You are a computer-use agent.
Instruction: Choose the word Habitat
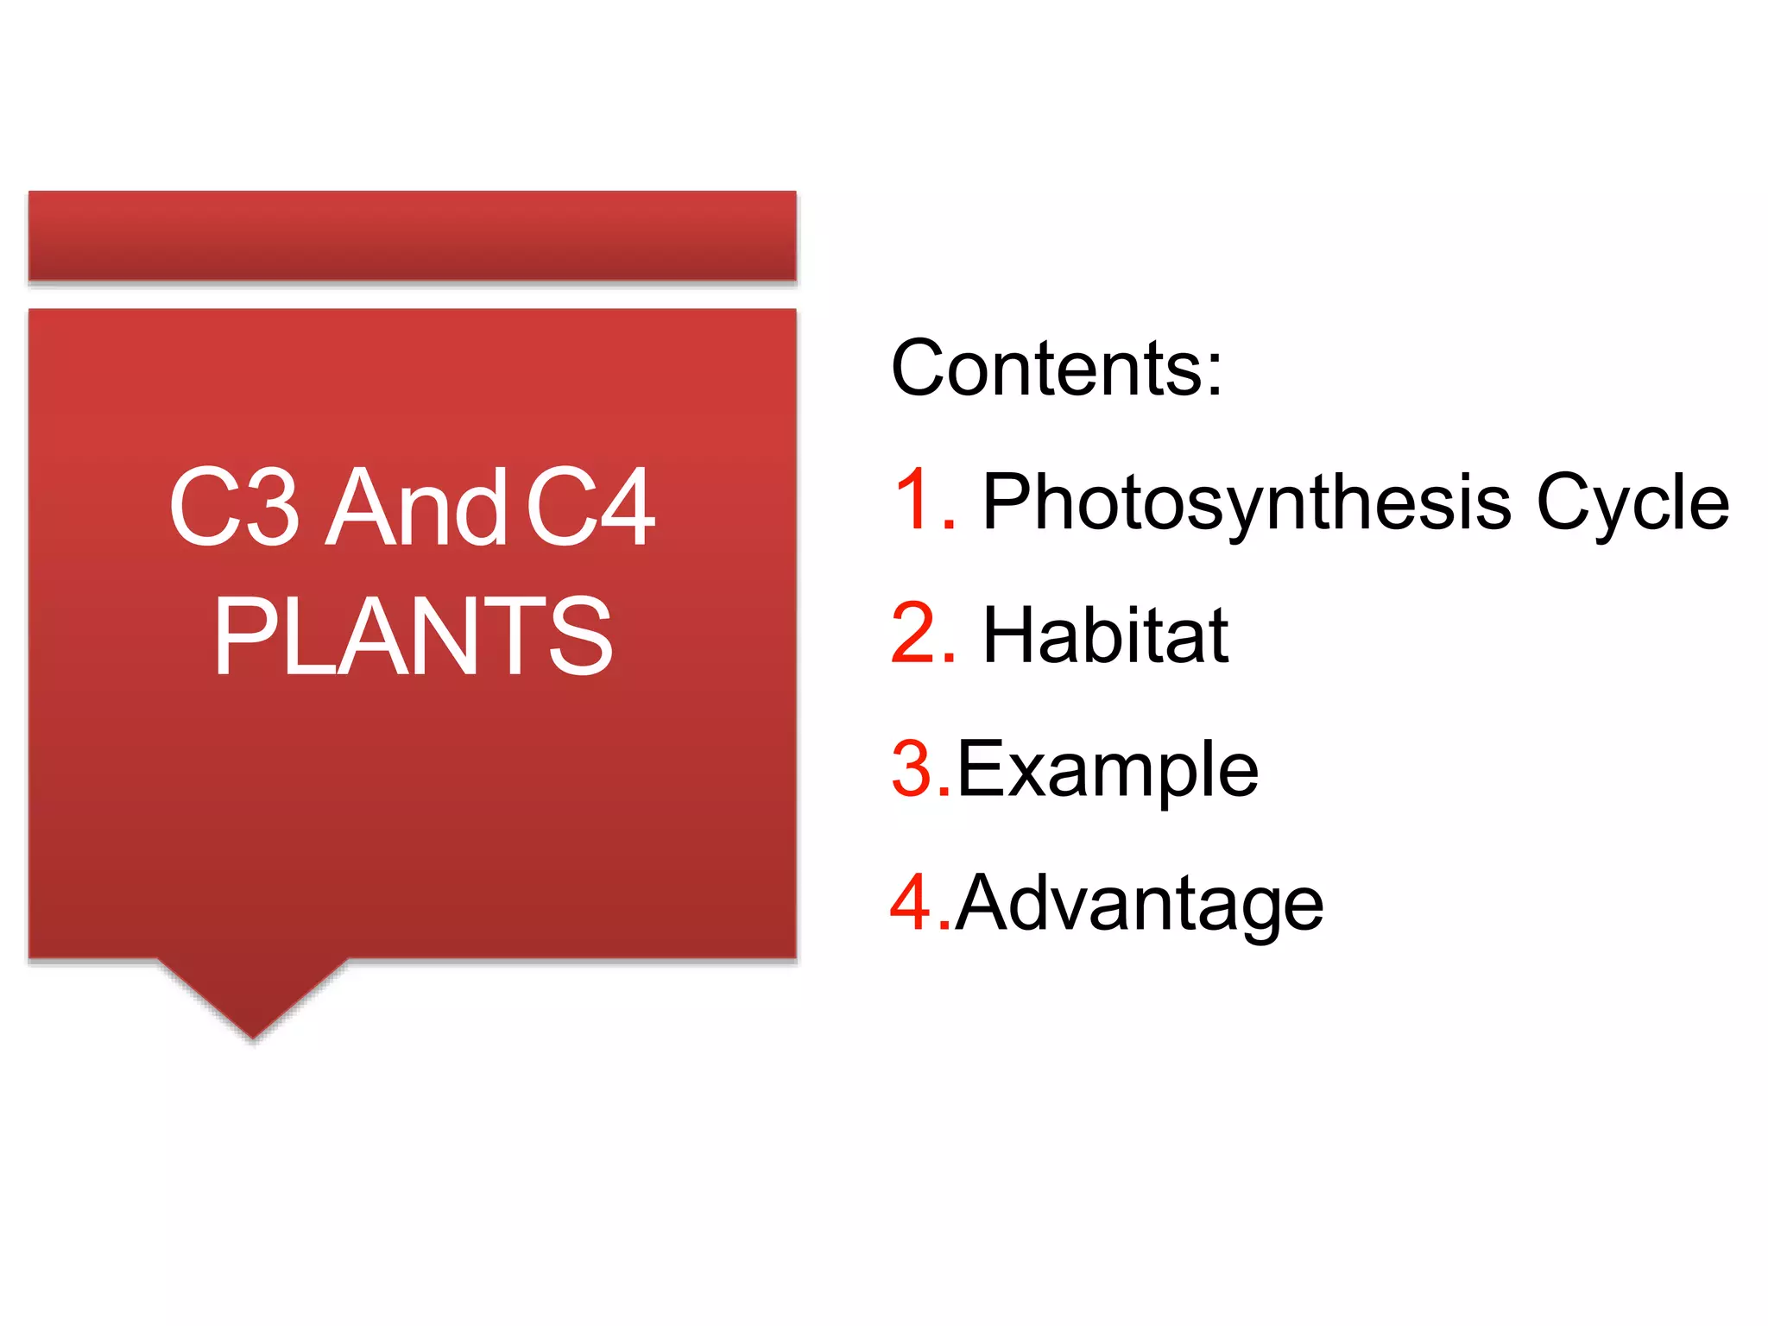tap(1105, 635)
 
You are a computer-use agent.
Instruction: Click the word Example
tap(1108, 770)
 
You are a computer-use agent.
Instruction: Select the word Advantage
tap(1140, 905)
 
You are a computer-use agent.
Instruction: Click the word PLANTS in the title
tap(413, 637)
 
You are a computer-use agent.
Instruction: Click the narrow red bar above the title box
tap(413, 236)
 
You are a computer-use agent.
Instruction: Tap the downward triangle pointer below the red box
tap(253, 993)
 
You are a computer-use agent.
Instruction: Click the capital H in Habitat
tap(1011, 635)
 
